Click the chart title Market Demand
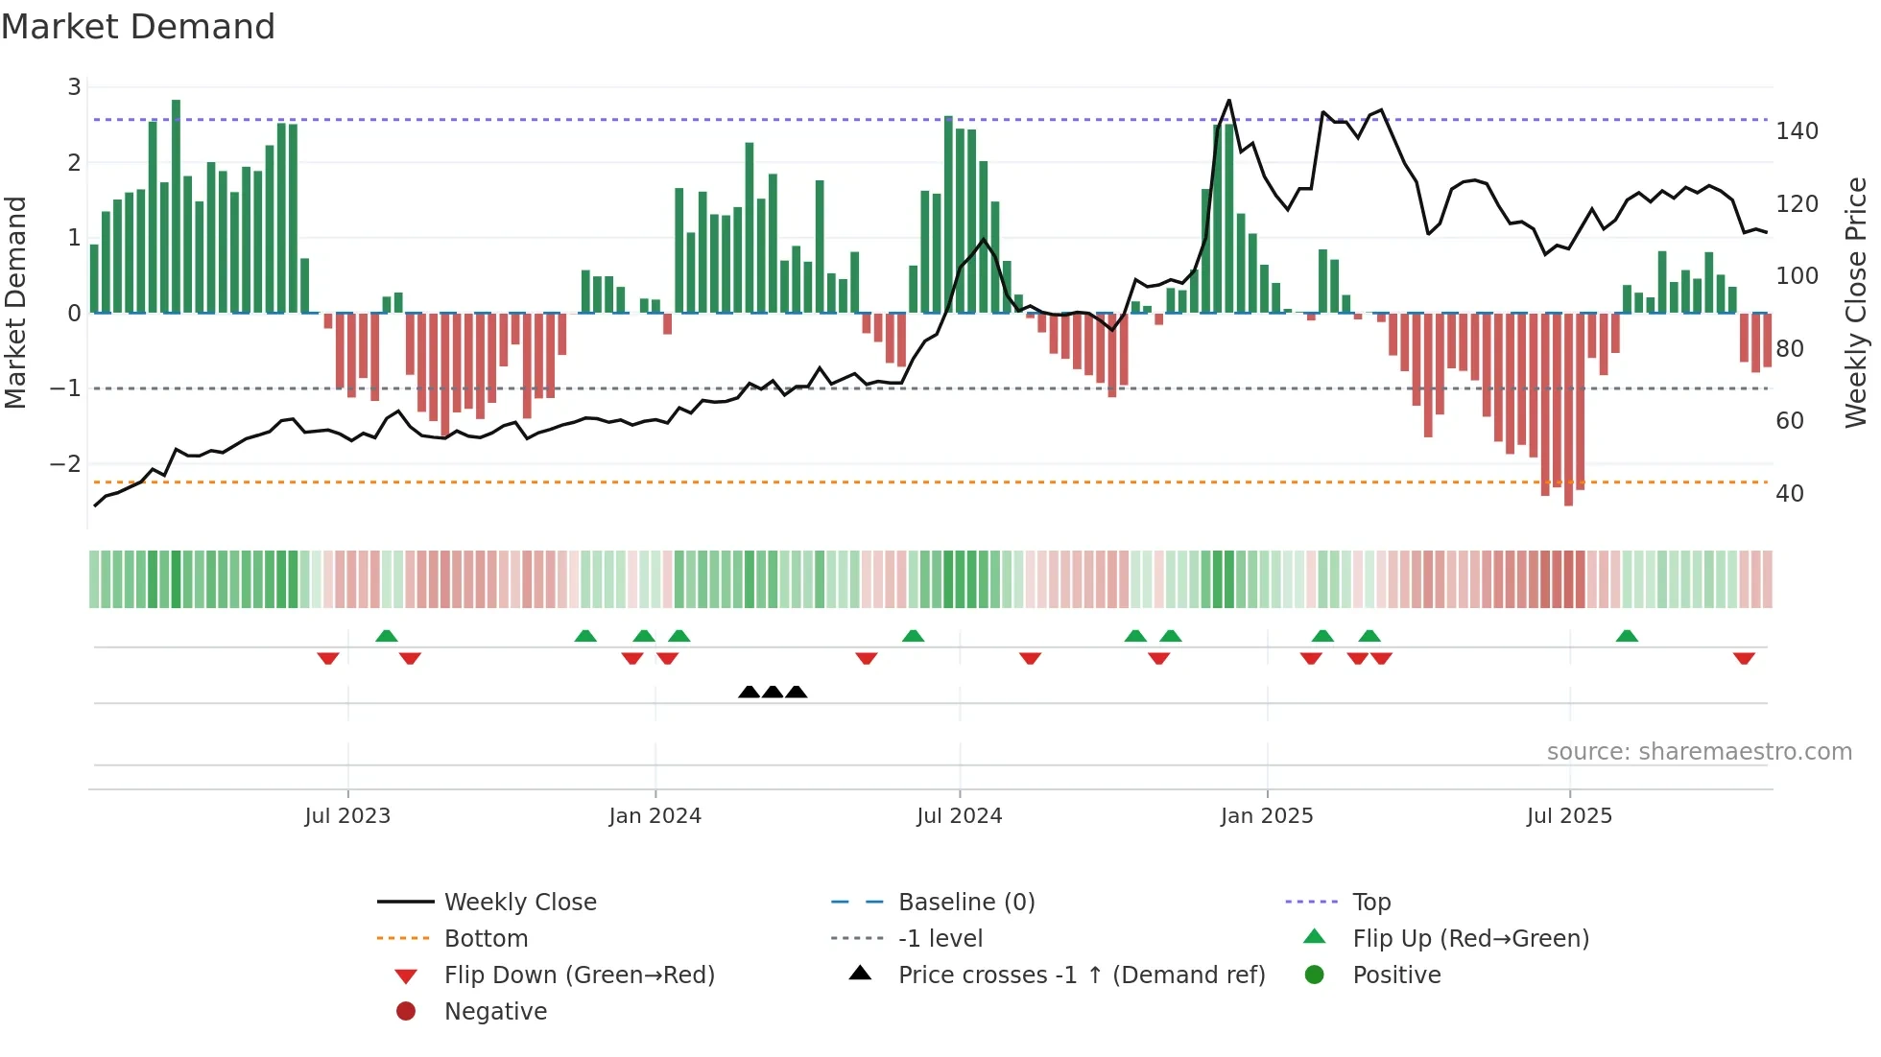(x=138, y=27)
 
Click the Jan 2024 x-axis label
(x=655, y=816)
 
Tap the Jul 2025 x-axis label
(x=1569, y=816)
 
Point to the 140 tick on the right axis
(x=1797, y=131)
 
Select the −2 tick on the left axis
(x=65, y=464)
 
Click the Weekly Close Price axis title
(x=1856, y=302)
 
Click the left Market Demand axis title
(x=15, y=302)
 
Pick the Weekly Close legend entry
(x=519, y=903)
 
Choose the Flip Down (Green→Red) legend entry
(x=579, y=975)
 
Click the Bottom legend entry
(x=486, y=939)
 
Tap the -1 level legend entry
(x=940, y=939)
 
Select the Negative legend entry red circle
(x=406, y=1012)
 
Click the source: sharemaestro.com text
(x=1699, y=752)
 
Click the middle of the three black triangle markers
(x=773, y=692)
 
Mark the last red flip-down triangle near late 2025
(x=1744, y=659)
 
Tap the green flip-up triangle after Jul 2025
(x=1627, y=636)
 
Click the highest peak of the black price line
(x=1228, y=101)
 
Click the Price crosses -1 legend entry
(x=1081, y=975)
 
